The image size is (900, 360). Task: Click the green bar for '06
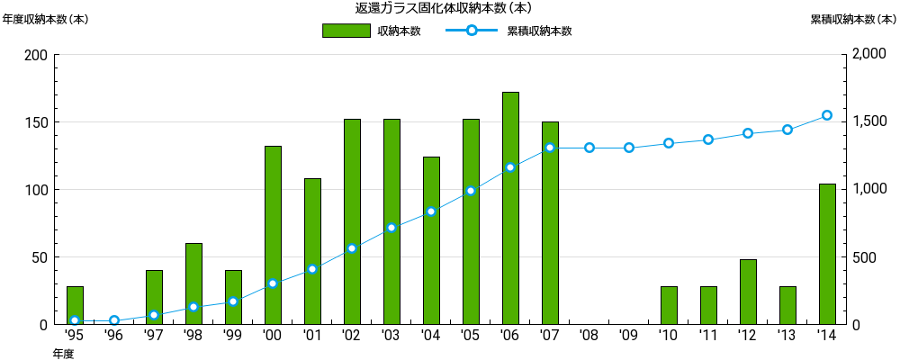pos(510,208)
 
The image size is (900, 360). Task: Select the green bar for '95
pos(75,305)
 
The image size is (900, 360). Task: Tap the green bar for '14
pos(827,254)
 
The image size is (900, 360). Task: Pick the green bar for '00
pos(273,235)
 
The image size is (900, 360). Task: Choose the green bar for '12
pos(748,292)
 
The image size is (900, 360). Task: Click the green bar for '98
pos(193,283)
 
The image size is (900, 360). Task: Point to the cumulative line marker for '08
pos(589,148)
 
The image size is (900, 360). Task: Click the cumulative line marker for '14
pos(827,115)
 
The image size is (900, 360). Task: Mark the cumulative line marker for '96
pos(114,320)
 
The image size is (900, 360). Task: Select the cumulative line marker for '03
pos(391,228)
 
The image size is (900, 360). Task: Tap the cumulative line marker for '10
pos(669,143)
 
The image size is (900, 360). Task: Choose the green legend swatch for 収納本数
pos(346,31)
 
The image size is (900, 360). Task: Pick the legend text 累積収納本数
pos(539,31)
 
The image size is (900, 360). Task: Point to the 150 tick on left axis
pos(37,122)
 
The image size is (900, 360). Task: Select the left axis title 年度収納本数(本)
pos(45,19)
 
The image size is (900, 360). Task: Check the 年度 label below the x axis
pos(63,354)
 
